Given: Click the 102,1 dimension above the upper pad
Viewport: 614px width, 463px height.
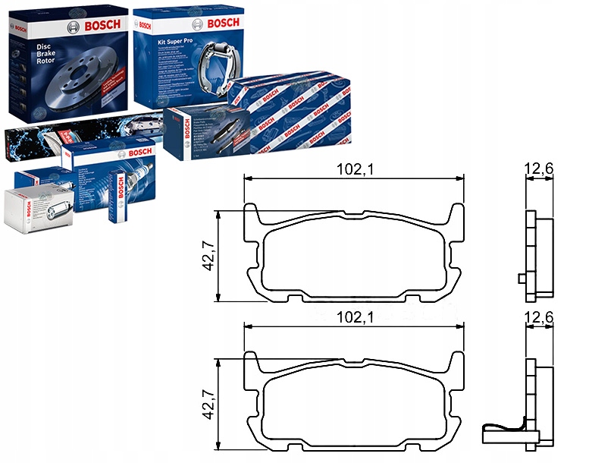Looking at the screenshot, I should (x=354, y=171).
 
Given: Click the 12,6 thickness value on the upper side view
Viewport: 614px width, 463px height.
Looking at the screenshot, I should (x=539, y=171).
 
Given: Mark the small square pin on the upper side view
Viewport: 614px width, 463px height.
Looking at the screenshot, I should (x=521, y=279).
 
